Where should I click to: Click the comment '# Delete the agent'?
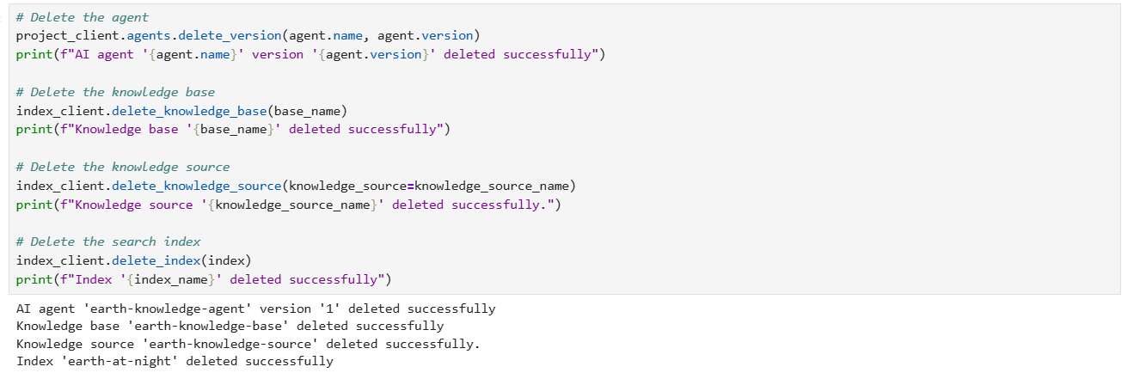pyautogui.click(x=82, y=17)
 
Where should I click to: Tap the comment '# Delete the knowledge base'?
pyautogui.click(x=115, y=92)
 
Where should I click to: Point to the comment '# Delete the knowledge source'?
pyautogui.click(x=123, y=167)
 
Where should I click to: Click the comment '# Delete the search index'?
pyautogui.click(x=108, y=241)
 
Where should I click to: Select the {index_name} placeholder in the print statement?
pyautogui.click(x=171, y=279)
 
